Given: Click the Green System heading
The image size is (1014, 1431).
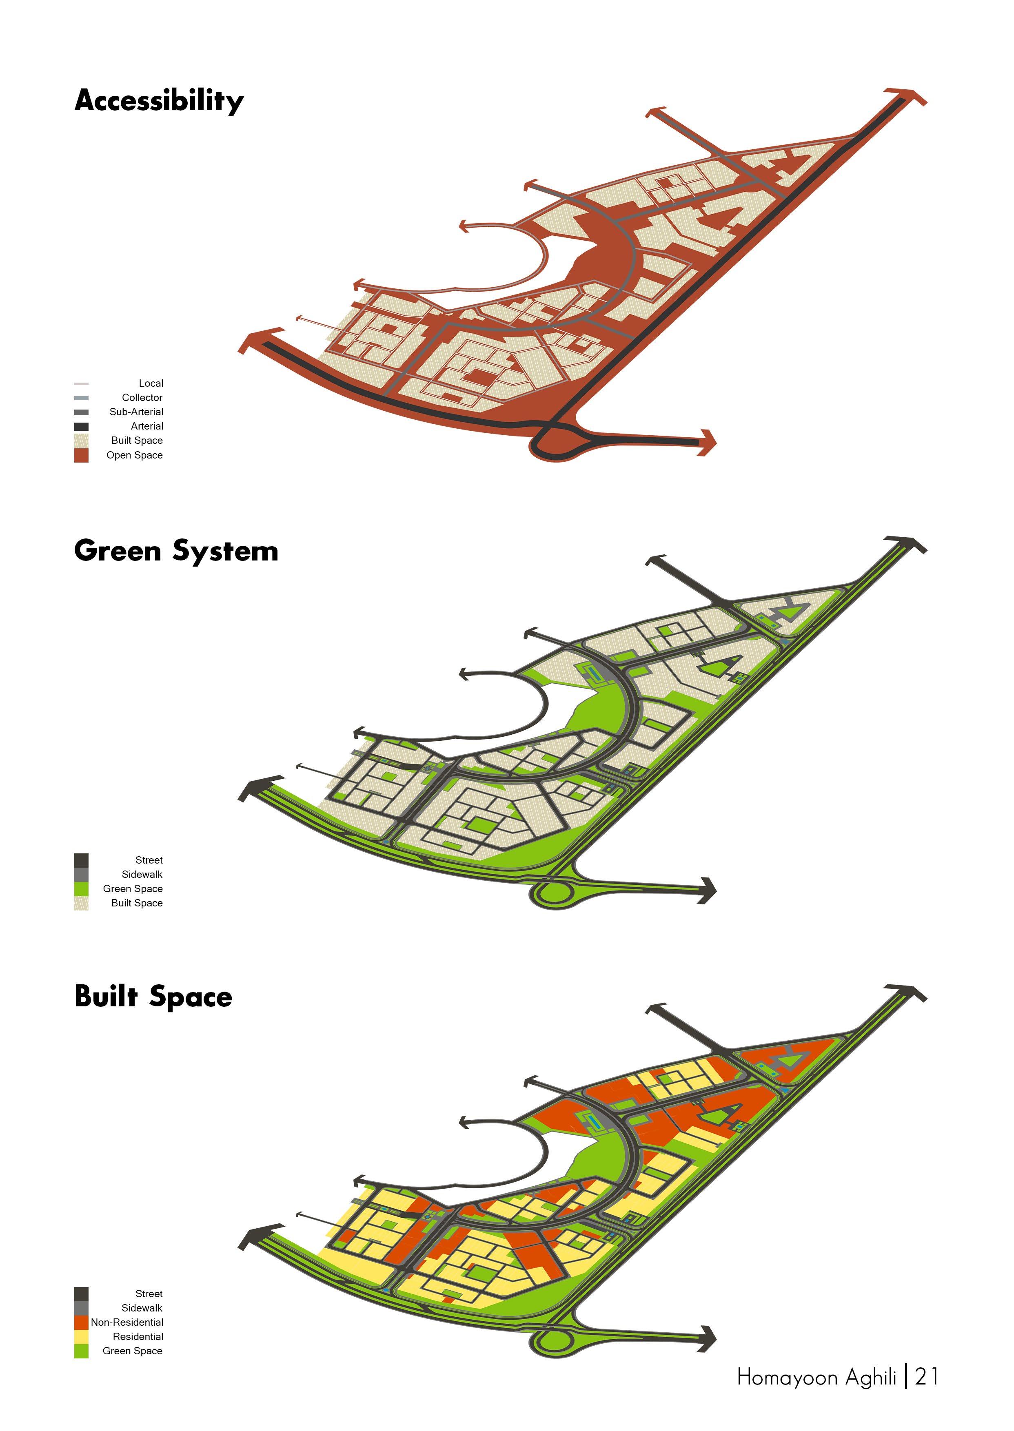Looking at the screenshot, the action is [176, 551].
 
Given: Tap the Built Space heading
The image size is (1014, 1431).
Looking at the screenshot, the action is [153, 997].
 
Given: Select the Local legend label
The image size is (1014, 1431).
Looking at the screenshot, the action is [151, 383].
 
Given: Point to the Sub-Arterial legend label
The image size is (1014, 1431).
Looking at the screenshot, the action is [136, 412].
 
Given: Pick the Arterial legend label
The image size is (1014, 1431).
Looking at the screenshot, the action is [147, 426].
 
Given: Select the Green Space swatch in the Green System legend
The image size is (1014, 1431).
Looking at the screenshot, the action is [81, 889].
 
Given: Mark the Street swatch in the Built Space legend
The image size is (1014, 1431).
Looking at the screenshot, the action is [81, 1294].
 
